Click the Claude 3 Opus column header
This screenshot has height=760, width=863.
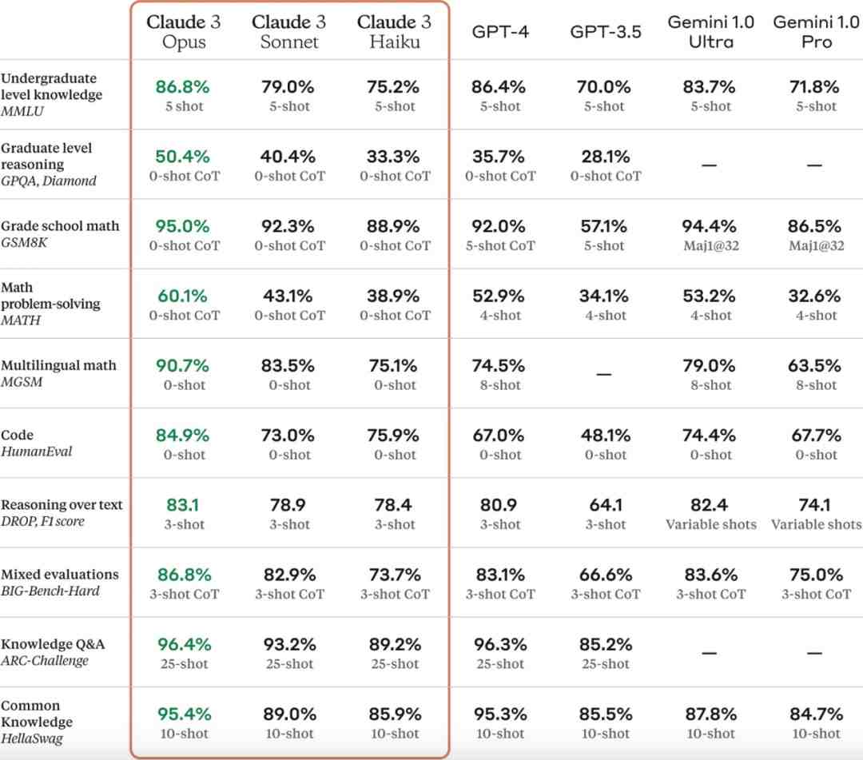(x=184, y=31)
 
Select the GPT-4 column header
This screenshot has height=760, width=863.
(x=500, y=33)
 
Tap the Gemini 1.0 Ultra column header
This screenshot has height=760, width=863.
(x=710, y=31)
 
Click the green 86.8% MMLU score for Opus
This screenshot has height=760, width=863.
(x=184, y=86)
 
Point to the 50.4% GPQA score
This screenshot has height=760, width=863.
(x=184, y=156)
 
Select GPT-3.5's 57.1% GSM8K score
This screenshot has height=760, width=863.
(x=605, y=226)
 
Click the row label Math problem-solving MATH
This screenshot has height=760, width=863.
(x=50, y=304)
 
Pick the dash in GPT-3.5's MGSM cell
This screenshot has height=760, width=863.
(x=605, y=374)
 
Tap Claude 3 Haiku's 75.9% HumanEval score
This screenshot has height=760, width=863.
(x=395, y=436)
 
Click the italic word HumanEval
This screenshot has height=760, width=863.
(x=37, y=452)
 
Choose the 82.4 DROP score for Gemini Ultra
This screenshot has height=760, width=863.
(x=710, y=505)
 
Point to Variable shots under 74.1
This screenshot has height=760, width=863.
(x=816, y=525)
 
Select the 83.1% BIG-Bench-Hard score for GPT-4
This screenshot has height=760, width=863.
(x=500, y=575)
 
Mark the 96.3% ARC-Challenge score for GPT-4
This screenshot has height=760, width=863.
(x=500, y=644)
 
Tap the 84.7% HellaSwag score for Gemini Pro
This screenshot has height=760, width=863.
(x=816, y=714)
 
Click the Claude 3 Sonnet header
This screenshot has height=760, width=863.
(x=289, y=31)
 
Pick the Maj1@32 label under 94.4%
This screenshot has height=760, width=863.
(x=710, y=246)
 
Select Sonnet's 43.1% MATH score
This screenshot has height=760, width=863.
(x=289, y=296)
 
